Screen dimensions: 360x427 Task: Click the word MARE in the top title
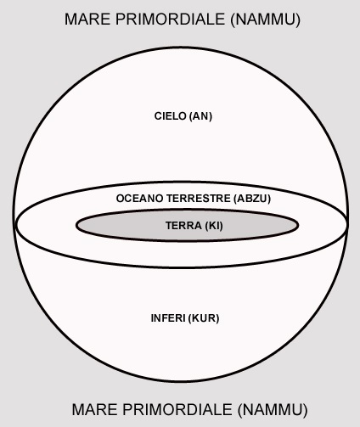coord(87,20)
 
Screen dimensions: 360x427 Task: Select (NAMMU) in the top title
coord(266,20)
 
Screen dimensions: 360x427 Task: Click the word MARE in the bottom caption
coord(95,409)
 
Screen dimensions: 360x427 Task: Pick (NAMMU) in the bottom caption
coord(273,410)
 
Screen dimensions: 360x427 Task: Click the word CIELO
coord(171,116)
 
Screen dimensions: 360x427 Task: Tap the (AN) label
coord(200,116)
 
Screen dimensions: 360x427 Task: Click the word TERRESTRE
coord(199,199)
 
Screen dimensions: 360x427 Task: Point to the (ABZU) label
coord(252,199)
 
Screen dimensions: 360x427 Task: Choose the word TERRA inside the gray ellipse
coord(183,226)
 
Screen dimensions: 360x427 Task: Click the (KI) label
coord(214,226)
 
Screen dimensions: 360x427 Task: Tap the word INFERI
coord(168,318)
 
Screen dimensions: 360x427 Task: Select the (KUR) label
coord(204,318)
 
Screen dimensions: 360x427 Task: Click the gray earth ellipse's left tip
coord(76,226)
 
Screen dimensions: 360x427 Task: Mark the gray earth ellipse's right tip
coord(298,226)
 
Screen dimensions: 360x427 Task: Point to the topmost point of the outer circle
coord(181,48)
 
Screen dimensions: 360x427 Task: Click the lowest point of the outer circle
coord(181,382)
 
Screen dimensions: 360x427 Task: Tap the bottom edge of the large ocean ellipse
coord(181,267)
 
